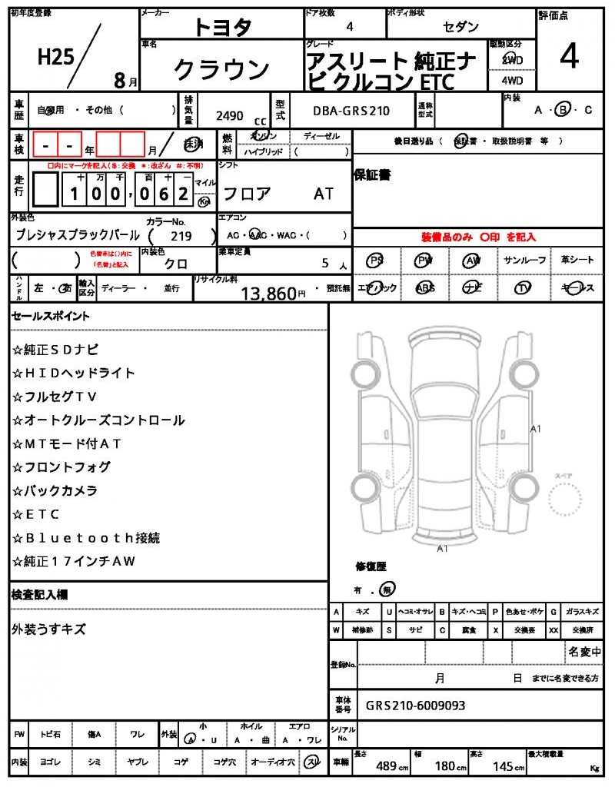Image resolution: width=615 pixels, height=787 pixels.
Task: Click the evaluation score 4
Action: (x=569, y=58)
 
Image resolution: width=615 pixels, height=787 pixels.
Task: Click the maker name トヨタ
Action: (x=222, y=27)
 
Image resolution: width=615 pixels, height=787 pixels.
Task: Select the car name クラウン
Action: (x=221, y=70)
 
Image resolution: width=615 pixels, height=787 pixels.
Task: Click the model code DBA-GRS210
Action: (x=351, y=111)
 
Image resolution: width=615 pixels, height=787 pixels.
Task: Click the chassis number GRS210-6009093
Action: (x=415, y=706)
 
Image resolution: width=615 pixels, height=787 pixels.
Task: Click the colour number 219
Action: (x=181, y=236)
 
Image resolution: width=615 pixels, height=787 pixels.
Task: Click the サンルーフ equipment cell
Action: (x=524, y=261)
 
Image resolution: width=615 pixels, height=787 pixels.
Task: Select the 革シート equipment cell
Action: (x=577, y=261)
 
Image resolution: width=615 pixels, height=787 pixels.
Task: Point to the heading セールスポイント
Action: (x=51, y=316)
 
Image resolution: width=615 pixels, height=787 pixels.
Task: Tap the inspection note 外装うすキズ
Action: (x=48, y=629)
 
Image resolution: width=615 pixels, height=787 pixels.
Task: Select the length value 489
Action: (x=386, y=765)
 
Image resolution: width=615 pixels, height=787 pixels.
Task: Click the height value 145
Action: (x=502, y=765)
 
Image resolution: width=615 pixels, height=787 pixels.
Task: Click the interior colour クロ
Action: (x=176, y=263)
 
